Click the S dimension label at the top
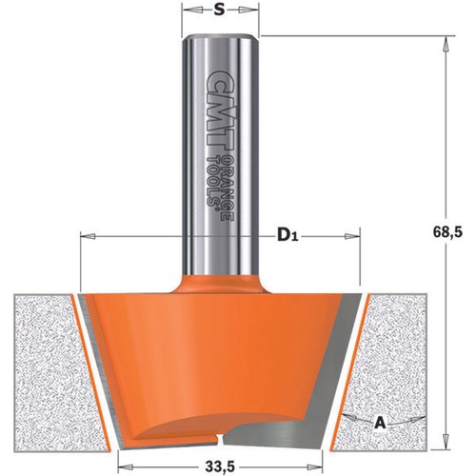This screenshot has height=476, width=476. coord(219,10)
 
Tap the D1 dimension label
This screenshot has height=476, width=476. coord(288,236)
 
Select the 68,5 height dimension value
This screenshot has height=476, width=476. coord(447,232)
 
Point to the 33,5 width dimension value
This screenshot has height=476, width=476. coord(220,466)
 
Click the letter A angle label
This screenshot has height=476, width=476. coord(380,423)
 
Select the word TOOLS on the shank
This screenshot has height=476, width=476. coord(213,183)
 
